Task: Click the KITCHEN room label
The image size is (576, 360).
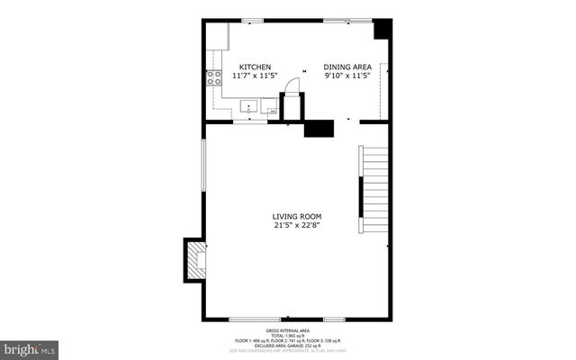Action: (255, 67)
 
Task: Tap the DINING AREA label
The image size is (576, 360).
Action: (347, 67)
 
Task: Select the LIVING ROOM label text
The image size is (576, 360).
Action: (297, 216)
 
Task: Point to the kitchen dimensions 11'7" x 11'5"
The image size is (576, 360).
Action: (255, 76)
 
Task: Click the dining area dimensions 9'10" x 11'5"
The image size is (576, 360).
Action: (347, 76)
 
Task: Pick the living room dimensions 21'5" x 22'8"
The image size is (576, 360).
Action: (297, 226)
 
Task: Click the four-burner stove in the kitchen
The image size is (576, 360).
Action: (214, 78)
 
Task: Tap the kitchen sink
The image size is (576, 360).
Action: (248, 108)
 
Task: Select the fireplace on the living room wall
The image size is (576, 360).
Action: (195, 259)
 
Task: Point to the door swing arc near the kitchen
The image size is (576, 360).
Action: (292, 85)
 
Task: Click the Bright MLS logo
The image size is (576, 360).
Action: (30, 347)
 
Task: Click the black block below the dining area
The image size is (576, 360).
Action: (319, 128)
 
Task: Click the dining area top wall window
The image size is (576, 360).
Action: (349, 20)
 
